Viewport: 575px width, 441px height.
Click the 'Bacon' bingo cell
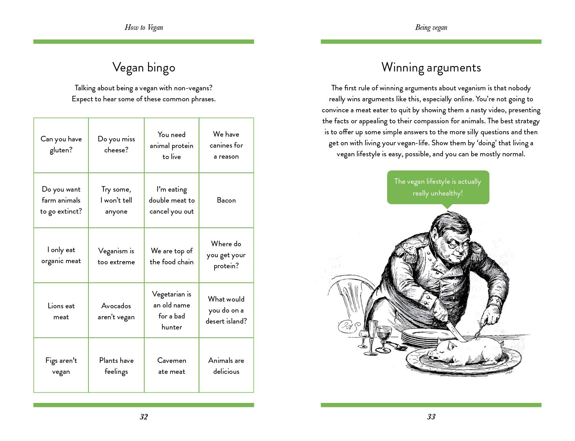(226, 200)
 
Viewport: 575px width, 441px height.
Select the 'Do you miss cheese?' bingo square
(116, 145)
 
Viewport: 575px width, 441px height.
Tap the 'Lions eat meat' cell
(61, 311)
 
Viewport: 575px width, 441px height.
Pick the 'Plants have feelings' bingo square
(116, 366)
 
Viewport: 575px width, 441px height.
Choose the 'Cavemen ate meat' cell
(171, 366)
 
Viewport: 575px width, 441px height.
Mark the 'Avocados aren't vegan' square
(116, 311)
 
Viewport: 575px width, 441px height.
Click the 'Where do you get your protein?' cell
(226, 255)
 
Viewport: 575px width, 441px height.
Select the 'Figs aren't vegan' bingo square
(61, 366)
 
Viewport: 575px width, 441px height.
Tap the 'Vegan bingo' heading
(144, 68)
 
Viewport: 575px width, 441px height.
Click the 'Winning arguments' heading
(431, 68)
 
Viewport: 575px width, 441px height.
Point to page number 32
(144, 417)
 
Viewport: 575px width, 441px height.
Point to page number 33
(431, 417)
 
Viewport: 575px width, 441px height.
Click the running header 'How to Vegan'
(144, 27)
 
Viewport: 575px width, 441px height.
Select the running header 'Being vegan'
(431, 27)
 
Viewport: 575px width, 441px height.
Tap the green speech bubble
(438, 187)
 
